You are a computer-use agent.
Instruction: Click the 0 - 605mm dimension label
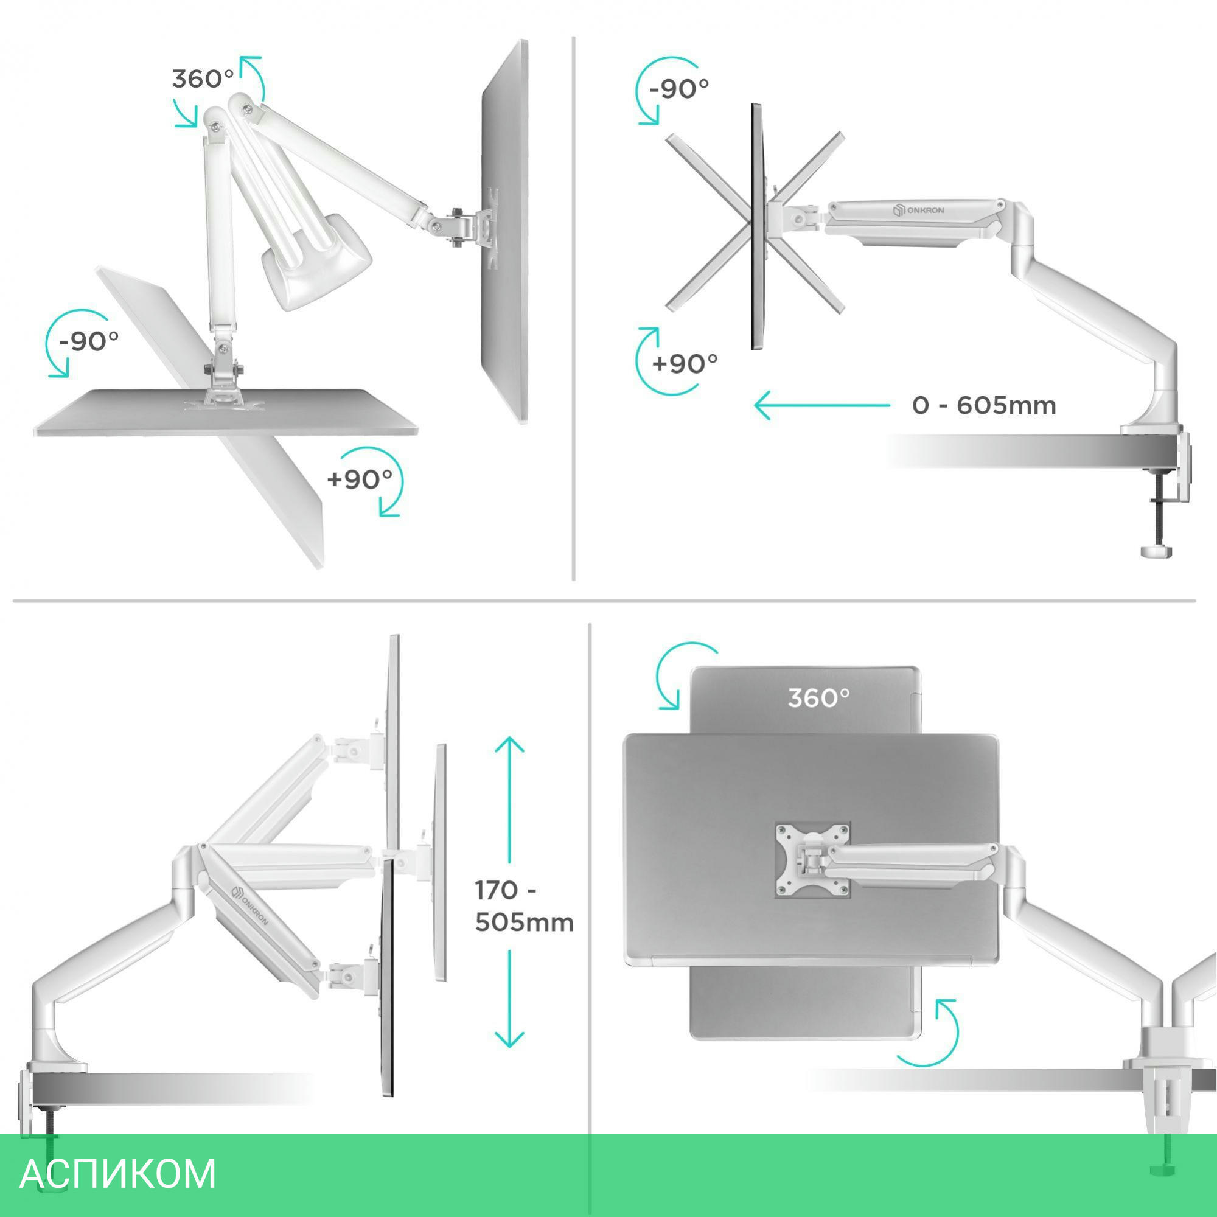tap(984, 406)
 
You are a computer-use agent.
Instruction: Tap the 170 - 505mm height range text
tap(524, 907)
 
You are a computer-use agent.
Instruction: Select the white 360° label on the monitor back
tap(819, 698)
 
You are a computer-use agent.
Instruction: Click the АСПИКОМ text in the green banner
tap(118, 1174)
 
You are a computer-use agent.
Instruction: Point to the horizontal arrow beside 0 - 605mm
tap(822, 405)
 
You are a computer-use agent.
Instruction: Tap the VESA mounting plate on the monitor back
tap(812, 860)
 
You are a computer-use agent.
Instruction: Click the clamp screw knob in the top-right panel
tap(1157, 552)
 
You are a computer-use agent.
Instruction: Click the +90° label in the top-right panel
tap(685, 364)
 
